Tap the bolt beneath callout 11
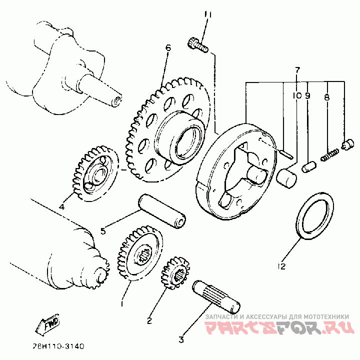pos(197,45)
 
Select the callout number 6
pos(168,48)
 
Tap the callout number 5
pos(103,230)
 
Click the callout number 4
pos(62,206)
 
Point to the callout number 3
pos(181,340)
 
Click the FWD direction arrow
pos(47,325)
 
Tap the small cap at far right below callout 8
pos(345,145)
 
